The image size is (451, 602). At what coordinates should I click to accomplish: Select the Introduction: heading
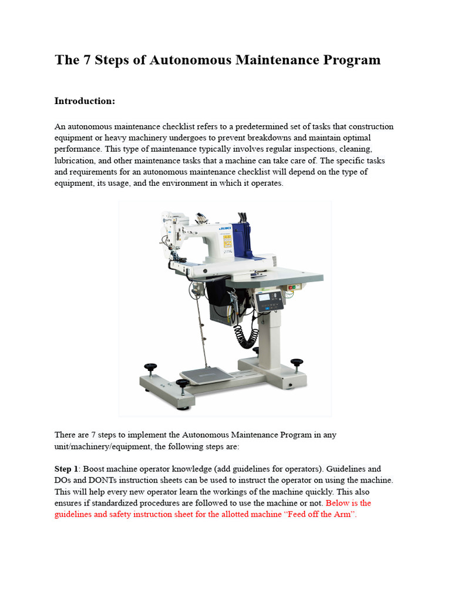(85, 101)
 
